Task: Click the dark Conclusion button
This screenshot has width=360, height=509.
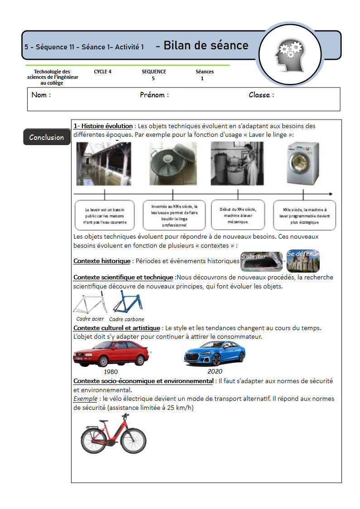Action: click(x=47, y=137)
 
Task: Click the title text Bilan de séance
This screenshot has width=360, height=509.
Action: click(x=206, y=46)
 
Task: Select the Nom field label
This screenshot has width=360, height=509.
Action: click(x=41, y=95)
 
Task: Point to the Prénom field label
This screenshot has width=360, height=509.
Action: click(x=154, y=95)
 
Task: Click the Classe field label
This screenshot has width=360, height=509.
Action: click(x=261, y=95)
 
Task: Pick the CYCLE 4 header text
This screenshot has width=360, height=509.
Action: click(x=103, y=72)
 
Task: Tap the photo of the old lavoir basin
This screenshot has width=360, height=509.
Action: click(x=104, y=163)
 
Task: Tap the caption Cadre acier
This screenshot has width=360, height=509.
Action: click(x=90, y=319)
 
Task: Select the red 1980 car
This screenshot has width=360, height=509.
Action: click(x=111, y=353)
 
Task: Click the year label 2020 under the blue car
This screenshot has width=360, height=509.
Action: click(x=215, y=371)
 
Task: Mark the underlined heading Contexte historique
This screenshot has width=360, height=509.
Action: click(x=102, y=261)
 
